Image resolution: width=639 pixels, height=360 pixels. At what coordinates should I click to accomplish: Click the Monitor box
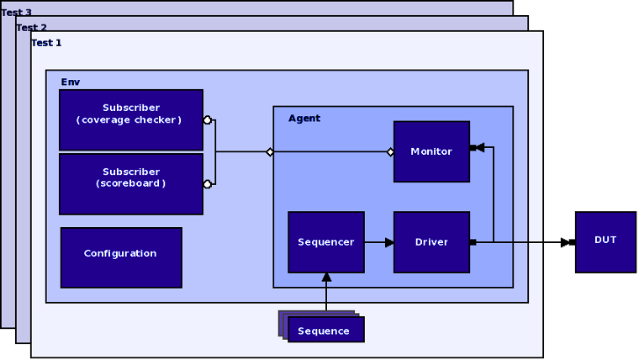point(431,151)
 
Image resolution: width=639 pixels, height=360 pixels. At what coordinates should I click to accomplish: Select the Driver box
point(431,242)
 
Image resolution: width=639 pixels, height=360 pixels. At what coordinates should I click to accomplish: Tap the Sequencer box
point(326,242)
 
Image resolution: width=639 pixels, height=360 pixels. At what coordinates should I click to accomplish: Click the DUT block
point(605,241)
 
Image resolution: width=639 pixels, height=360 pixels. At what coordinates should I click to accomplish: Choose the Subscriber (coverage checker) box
point(131,120)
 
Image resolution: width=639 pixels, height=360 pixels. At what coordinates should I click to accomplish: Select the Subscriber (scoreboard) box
point(131,183)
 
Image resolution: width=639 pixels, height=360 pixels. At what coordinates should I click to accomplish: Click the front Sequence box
point(325,330)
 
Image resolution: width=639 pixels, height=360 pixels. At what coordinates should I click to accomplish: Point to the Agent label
point(304,119)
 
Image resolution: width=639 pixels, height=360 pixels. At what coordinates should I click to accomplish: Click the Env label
point(71,82)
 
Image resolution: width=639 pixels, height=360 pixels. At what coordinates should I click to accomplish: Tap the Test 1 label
point(46,43)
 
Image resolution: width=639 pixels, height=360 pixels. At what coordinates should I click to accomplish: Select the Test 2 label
point(32,28)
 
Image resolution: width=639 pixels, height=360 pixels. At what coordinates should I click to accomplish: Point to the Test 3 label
point(17,13)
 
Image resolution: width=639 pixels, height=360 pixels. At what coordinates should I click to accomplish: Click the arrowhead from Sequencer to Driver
point(389,242)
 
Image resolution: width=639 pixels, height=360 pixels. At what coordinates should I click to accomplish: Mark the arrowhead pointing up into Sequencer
point(326,277)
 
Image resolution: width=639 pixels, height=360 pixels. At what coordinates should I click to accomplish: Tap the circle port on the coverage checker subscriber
point(207,120)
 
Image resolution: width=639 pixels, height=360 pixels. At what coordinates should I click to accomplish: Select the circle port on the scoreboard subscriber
point(207,183)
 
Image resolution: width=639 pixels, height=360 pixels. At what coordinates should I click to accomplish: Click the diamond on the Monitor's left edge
point(391,152)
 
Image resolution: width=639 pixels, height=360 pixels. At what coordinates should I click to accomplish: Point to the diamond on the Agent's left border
point(270,152)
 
